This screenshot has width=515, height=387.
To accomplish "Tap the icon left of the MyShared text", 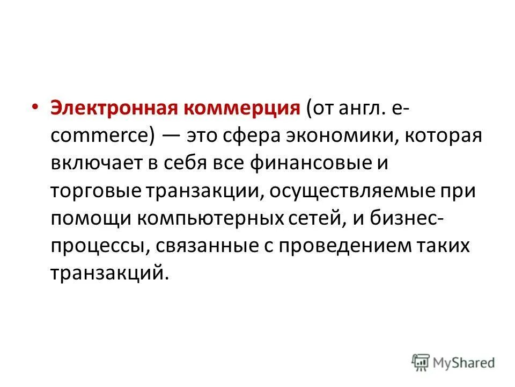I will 421,362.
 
